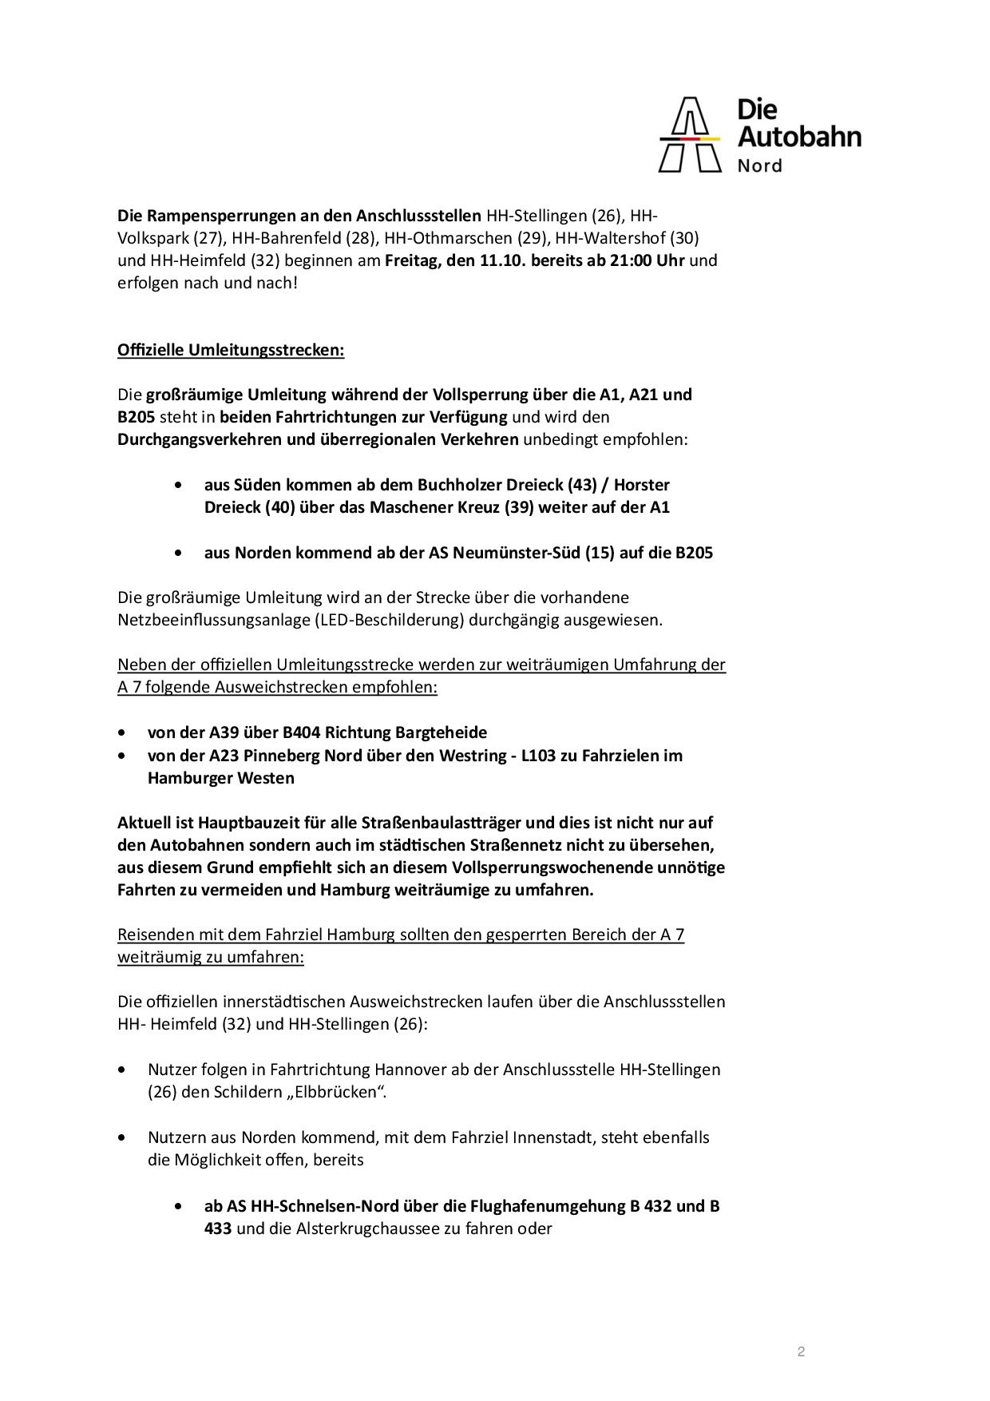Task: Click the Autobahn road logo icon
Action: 689,135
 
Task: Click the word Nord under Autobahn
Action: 759,165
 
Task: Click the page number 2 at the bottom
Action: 801,1352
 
